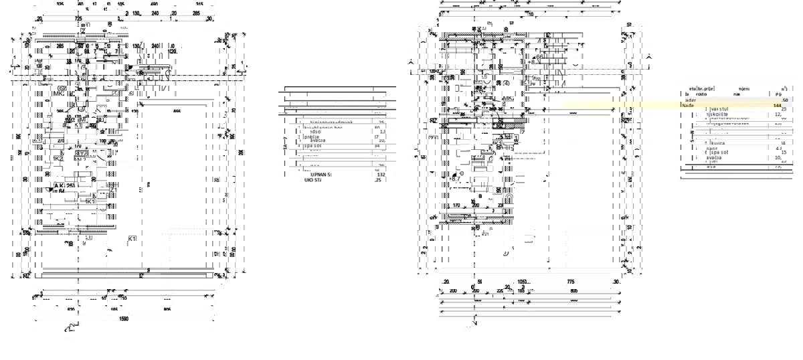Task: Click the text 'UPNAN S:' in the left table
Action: [317, 174]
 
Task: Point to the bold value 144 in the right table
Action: [777, 105]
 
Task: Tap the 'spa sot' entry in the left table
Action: [313, 145]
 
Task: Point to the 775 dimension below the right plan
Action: [570, 282]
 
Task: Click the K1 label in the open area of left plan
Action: [132, 238]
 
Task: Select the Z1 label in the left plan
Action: [113, 191]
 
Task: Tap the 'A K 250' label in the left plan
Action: [65, 185]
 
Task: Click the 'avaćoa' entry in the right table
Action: [718, 158]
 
